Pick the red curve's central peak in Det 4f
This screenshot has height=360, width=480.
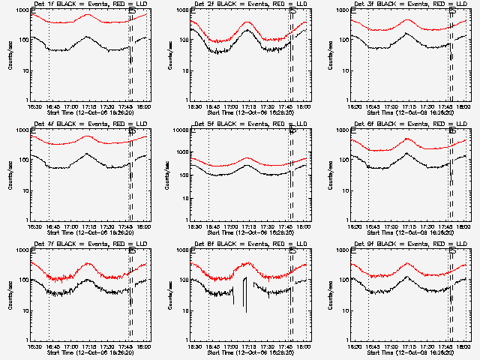click(88, 136)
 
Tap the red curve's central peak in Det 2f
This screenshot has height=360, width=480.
click(248, 22)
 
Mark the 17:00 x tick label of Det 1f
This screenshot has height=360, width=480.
click(71, 107)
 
